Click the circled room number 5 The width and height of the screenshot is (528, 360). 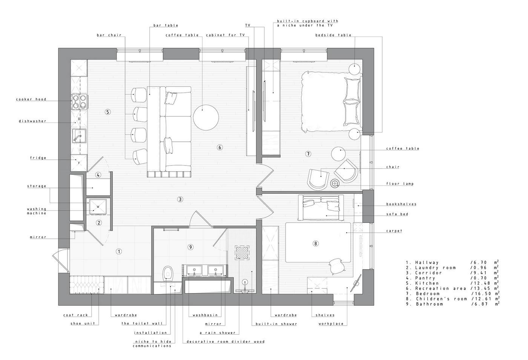[x=108, y=112]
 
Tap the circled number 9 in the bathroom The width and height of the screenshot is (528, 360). [x=190, y=247]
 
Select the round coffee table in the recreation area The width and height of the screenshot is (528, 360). [x=206, y=118]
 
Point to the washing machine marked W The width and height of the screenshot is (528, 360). [x=98, y=207]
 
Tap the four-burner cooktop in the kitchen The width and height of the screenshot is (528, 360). [x=79, y=102]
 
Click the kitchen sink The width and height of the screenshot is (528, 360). [x=79, y=136]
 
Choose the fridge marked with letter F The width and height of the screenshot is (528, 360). [x=79, y=163]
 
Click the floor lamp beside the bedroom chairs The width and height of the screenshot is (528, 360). [x=335, y=183]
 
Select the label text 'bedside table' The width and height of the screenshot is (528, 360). [x=333, y=35]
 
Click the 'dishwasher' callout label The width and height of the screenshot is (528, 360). [x=32, y=121]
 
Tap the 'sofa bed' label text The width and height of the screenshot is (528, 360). [x=397, y=214]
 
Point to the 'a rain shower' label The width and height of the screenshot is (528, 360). [x=218, y=332]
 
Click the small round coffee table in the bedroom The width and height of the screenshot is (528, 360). [x=339, y=154]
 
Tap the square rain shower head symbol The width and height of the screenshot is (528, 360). [x=242, y=253]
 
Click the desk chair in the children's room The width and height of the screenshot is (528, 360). [x=337, y=267]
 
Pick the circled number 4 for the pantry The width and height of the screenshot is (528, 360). [x=98, y=175]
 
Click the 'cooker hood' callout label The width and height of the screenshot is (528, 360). [x=31, y=100]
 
